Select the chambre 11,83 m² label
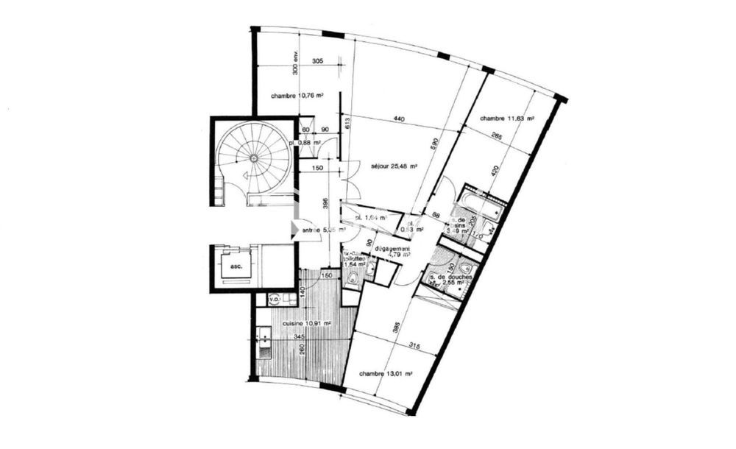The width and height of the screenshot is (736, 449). click(506, 119)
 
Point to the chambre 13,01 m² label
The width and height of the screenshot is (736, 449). click(384, 374)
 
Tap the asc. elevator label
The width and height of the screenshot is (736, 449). click(236, 266)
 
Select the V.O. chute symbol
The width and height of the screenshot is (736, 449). click(273, 300)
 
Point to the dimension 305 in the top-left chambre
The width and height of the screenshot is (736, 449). click(317, 61)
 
